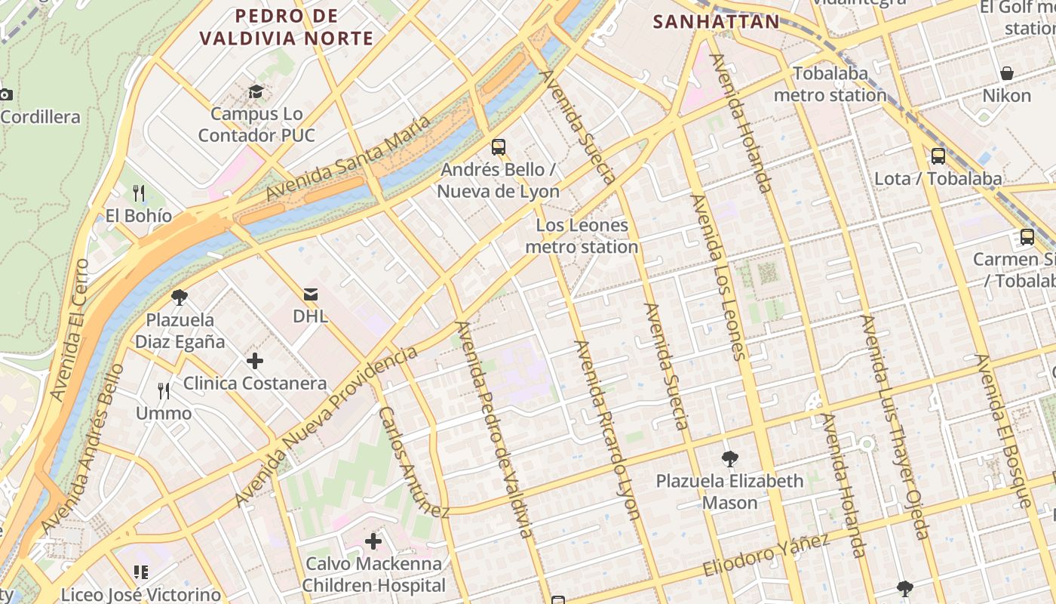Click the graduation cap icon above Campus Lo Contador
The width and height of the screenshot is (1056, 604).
256,92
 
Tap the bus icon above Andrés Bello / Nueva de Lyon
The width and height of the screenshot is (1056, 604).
498,146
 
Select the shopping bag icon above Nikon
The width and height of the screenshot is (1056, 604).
1006,73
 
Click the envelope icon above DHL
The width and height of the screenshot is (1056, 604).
311,294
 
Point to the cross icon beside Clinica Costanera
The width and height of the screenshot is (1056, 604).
255,361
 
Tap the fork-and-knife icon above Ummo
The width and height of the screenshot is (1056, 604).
164,390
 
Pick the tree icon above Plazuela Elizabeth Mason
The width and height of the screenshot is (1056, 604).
729,458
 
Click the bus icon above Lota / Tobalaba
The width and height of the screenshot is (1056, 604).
938,156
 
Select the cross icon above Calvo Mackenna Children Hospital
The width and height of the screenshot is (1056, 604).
373,541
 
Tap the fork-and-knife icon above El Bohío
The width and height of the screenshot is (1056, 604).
139,193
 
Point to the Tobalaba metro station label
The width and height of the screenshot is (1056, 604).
830,85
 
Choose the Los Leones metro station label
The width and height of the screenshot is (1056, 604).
582,236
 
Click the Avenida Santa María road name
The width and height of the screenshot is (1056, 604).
348,159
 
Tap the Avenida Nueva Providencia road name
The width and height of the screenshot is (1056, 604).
326,427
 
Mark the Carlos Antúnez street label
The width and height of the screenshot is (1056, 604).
413,463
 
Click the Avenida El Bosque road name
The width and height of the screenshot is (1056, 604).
1002,430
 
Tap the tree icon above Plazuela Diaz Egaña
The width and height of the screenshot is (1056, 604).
180,297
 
